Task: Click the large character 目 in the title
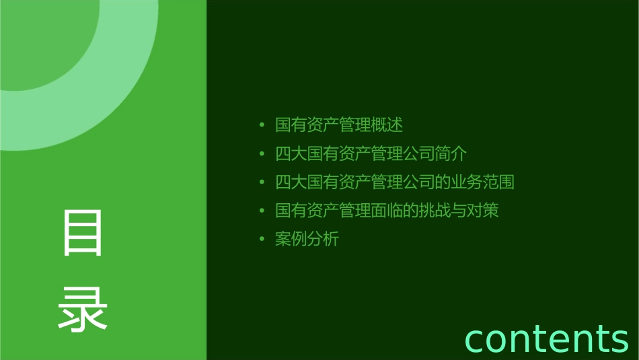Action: [x=83, y=233]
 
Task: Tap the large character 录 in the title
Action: [x=83, y=307]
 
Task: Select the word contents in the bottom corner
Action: [x=546, y=338]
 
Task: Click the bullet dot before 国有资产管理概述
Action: [x=262, y=125]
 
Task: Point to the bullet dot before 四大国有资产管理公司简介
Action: [x=262, y=154]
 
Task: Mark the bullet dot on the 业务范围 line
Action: [x=262, y=182]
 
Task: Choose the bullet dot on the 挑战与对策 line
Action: [x=262, y=211]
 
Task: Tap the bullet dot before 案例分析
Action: [x=262, y=240]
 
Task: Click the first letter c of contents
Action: [x=476, y=339]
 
